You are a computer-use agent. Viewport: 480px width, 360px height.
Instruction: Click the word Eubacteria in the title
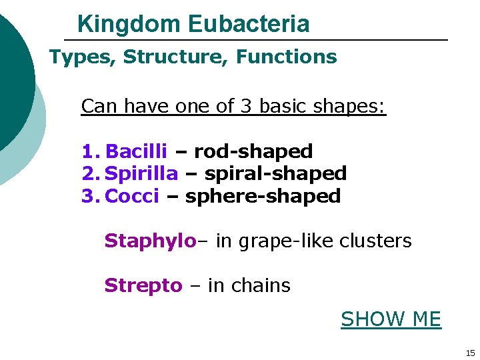click(x=249, y=25)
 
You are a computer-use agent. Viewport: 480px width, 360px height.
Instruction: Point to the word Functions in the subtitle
click(x=287, y=57)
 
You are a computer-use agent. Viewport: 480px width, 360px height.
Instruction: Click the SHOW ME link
click(x=391, y=319)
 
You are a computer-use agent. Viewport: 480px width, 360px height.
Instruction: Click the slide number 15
click(x=470, y=353)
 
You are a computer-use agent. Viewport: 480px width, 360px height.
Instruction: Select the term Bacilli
click(x=137, y=151)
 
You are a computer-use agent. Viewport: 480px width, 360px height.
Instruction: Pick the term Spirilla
click(x=142, y=174)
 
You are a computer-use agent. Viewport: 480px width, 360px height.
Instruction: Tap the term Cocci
click(x=132, y=196)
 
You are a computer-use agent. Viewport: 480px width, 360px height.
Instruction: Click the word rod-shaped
click(x=253, y=151)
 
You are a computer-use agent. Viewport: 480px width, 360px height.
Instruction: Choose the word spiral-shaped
click(x=275, y=174)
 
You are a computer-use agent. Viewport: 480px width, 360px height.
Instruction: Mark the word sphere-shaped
click(x=263, y=196)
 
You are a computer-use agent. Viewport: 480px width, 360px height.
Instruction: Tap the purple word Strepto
click(x=143, y=285)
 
